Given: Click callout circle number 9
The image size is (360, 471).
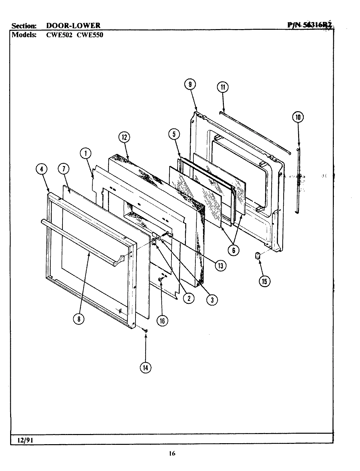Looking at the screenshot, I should pyautogui.click(x=190, y=84).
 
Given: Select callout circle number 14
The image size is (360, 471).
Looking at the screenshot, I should pyautogui.click(x=146, y=367).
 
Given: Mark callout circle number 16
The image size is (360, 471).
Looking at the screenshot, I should pyautogui.click(x=162, y=321).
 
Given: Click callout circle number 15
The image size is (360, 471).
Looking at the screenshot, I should pyautogui.click(x=264, y=281).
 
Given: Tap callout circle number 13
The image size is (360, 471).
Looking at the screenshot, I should pyautogui.click(x=221, y=266).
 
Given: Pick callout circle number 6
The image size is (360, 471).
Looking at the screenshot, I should pyautogui.click(x=234, y=250).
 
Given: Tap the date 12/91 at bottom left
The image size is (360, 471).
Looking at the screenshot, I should pyautogui.click(x=24, y=440).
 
